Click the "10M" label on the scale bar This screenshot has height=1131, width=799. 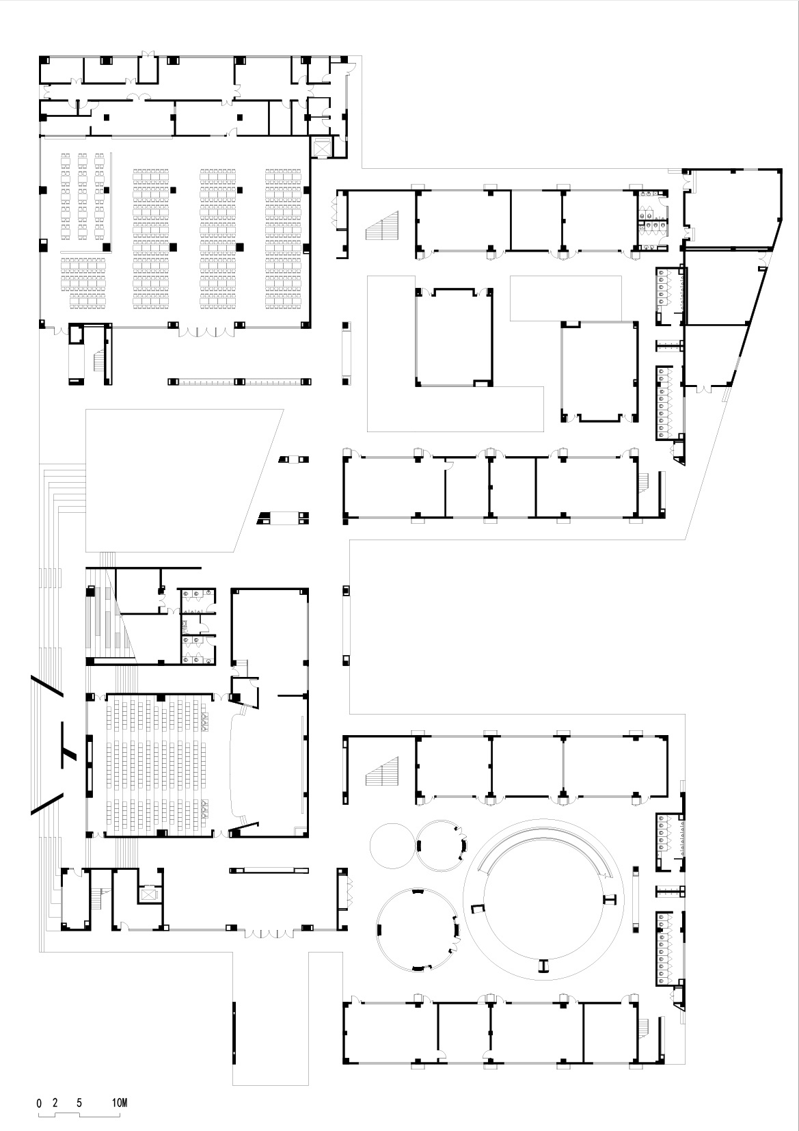pyautogui.click(x=120, y=1102)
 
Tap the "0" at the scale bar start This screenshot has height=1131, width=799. pyautogui.click(x=39, y=1102)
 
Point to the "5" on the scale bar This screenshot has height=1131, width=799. pyautogui.click(x=80, y=1102)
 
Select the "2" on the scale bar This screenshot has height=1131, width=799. pyautogui.click(x=55, y=1102)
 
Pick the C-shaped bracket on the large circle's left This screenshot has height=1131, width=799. pyautogui.click(x=477, y=907)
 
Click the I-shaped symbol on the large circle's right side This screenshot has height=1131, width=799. pyautogui.click(x=610, y=899)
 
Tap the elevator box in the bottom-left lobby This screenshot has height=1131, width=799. pyautogui.click(x=148, y=893)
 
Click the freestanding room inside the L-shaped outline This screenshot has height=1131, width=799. pyautogui.click(x=453, y=337)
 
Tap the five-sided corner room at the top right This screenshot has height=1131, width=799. pyautogui.click(x=731, y=207)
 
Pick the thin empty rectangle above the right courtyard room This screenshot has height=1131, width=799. pyautogui.click(x=566, y=297)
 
